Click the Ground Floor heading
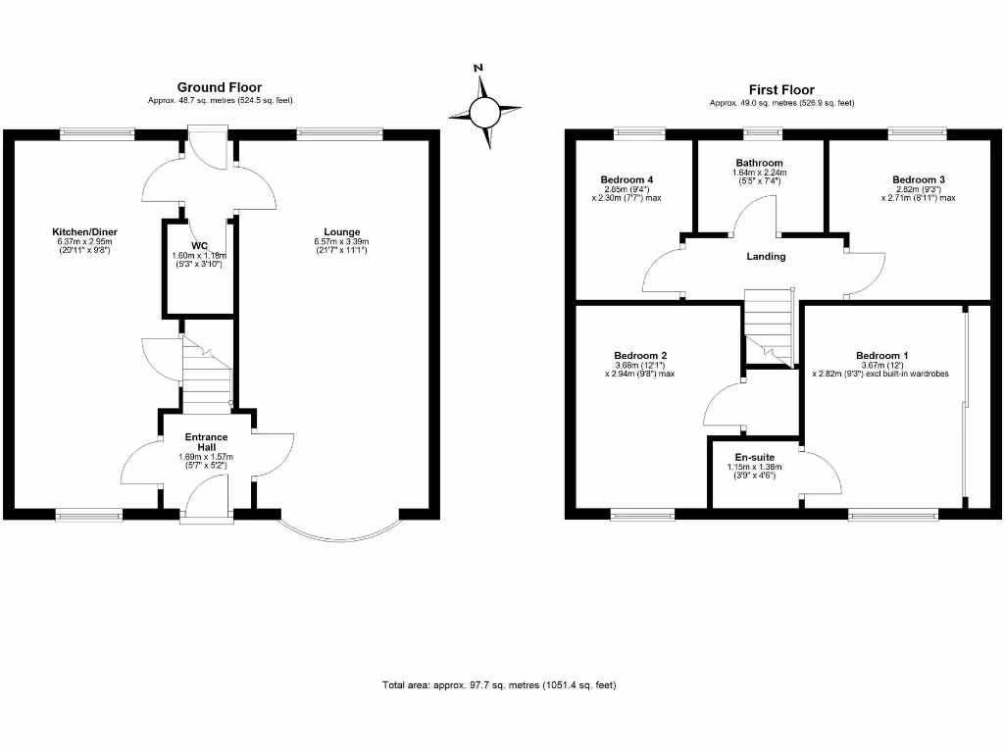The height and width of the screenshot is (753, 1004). coord(220,87)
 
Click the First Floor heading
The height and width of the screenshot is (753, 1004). coord(781,90)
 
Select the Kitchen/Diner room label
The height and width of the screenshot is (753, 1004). coord(84,231)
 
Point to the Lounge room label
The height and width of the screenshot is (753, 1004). coord(342,232)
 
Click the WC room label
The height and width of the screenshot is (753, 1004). coord(199,246)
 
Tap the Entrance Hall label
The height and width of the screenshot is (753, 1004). coord(206,442)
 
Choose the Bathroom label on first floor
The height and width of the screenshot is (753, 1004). coord(760,163)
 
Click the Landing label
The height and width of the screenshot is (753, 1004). coord(766,256)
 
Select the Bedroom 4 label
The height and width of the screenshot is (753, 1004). coord(627,180)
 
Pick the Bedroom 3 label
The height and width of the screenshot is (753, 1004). coord(918,180)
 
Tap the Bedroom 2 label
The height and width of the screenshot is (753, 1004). coord(640,355)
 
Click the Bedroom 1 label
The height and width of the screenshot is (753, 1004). coord(881,355)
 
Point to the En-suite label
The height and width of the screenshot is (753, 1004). coord(754,457)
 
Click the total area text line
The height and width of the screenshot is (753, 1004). coord(499,685)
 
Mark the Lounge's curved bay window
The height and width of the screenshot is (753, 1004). coord(342,541)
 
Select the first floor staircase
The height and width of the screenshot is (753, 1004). coord(769,327)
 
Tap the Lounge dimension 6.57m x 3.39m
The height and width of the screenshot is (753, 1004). coord(341,241)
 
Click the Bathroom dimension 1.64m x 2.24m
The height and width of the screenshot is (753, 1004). coord(760,173)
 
